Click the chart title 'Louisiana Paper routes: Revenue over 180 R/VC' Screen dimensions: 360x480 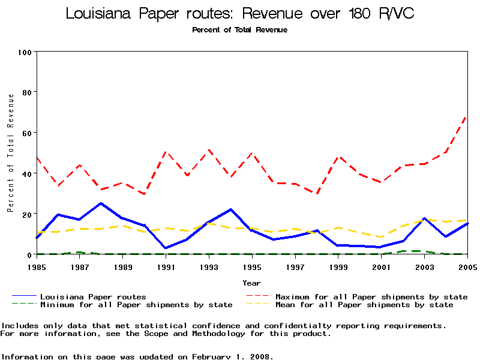239,14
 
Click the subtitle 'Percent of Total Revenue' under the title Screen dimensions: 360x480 239,30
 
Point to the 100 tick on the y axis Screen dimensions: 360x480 24,52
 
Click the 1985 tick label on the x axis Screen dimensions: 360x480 37,266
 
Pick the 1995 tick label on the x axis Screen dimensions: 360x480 253,266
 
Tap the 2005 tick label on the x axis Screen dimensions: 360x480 467,266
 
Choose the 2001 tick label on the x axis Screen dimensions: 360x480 382,266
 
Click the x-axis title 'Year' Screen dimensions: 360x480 252,283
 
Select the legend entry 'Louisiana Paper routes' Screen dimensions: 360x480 92,296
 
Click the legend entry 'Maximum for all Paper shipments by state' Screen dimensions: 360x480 371,296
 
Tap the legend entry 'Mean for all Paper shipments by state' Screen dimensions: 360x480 364,305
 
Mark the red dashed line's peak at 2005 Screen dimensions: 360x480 467,116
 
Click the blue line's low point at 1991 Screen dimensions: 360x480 166,248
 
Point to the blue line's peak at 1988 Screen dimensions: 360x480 101,203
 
